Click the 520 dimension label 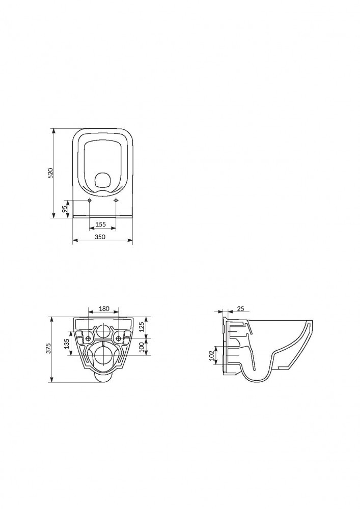click(x=50, y=174)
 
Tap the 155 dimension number click(x=101, y=224)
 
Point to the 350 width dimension click(x=100, y=237)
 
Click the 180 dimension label click(x=104, y=309)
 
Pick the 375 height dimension click(x=49, y=349)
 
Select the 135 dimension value click(x=67, y=343)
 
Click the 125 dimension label click(x=141, y=327)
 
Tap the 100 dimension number click(x=141, y=347)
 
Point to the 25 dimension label click(x=240, y=309)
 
